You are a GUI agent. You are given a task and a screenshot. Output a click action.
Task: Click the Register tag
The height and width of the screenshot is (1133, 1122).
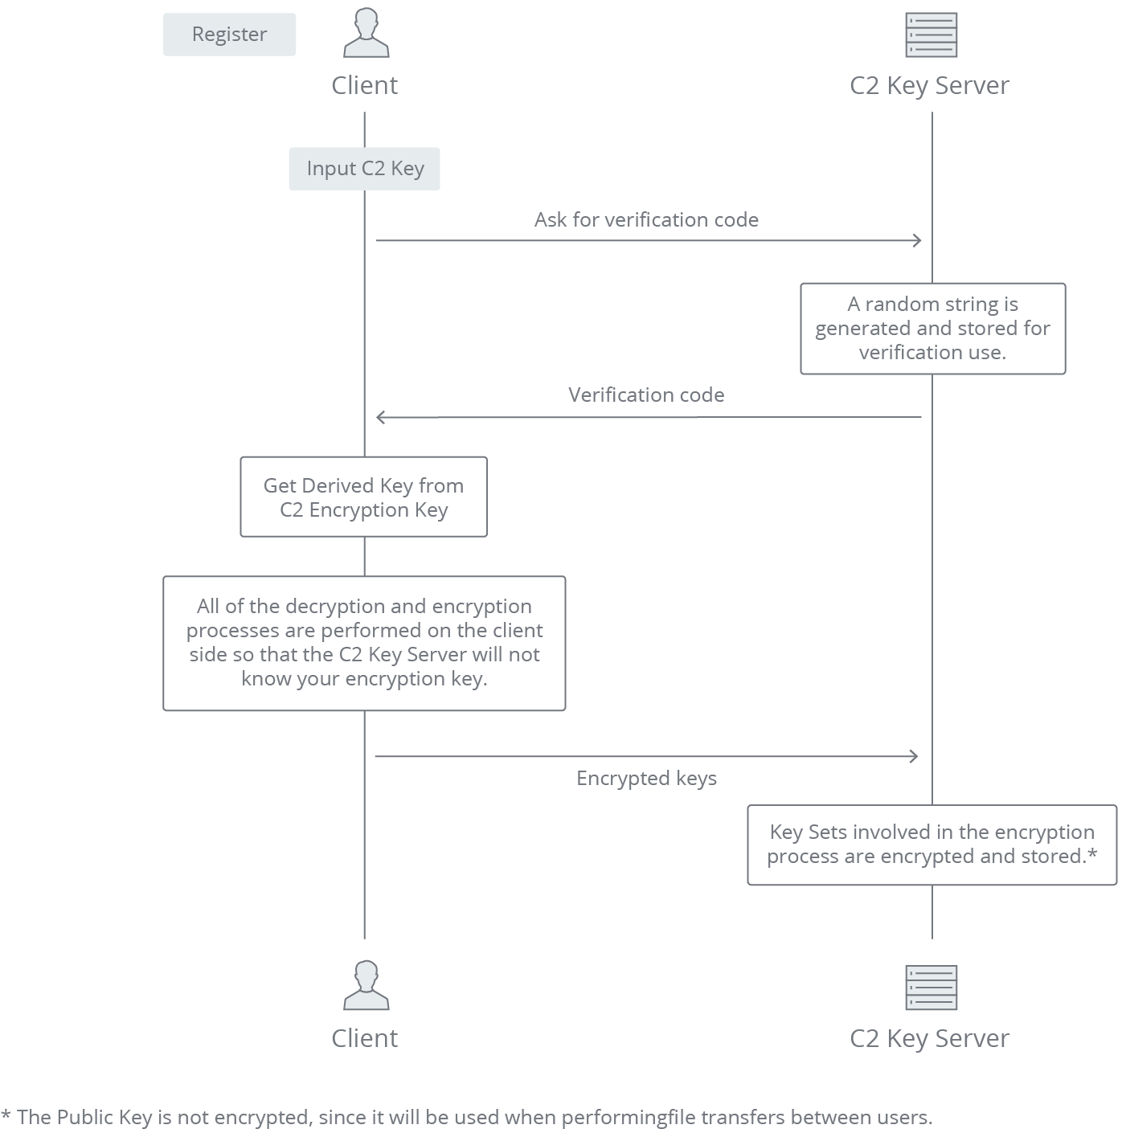pyautogui.click(x=229, y=35)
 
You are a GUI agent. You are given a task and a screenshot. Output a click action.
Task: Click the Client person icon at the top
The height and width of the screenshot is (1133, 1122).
pyautogui.click(x=366, y=34)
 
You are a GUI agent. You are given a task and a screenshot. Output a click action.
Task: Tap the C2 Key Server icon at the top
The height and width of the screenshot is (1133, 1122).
pyautogui.click(x=931, y=35)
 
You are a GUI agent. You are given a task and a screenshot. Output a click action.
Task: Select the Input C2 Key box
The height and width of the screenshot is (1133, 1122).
pyautogui.click(x=365, y=169)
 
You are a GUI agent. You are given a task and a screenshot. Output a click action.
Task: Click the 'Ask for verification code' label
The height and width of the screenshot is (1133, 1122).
pyautogui.click(x=646, y=220)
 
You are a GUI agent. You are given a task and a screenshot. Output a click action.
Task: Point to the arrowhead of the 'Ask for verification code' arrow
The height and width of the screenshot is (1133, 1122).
pyautogui.click(x=917, y=240)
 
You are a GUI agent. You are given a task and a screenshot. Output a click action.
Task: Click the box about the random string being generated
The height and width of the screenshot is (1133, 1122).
pyautogui.click(x=932, y=329)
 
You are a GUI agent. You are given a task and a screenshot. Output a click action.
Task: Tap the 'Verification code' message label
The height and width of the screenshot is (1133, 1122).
pyautogui.click(x=646, y=395)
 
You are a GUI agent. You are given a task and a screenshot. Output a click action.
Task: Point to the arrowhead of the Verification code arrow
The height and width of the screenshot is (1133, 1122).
pyautogui.click(x=381, y=417)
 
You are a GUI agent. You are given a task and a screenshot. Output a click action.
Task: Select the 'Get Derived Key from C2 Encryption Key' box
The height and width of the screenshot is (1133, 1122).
pyautogui.click(x=363, y=497)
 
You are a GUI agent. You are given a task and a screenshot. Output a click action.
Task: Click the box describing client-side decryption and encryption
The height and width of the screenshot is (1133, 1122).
pyautogui.click(x=364, y=643)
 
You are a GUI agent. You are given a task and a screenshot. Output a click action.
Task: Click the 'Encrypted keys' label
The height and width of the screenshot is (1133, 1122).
pyautogui.click(x=646, y=779)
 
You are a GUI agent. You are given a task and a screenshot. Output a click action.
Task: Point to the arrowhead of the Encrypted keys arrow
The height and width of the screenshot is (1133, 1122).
pyautogui.click(x=914, y=756)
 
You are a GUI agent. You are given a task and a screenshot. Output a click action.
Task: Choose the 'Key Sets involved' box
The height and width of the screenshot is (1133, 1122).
pyautogui.click(x=932, y=845)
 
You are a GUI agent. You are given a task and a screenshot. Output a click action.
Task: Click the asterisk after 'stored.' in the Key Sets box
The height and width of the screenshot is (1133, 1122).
pyautogui.click(x=1092, y=854)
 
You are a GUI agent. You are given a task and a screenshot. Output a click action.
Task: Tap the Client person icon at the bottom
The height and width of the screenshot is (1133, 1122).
pyautogui.click(x=366, y=985)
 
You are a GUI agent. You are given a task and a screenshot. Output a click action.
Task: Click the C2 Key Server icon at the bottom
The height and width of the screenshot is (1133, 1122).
pyautogui.click(x=931, y=988)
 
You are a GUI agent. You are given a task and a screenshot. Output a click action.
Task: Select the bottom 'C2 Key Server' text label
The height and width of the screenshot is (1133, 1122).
pyautogui.click(x=929, y=1038)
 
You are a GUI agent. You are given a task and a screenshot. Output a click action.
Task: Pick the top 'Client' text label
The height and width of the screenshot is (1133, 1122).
pyautogui.click(x=364, y=85)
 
